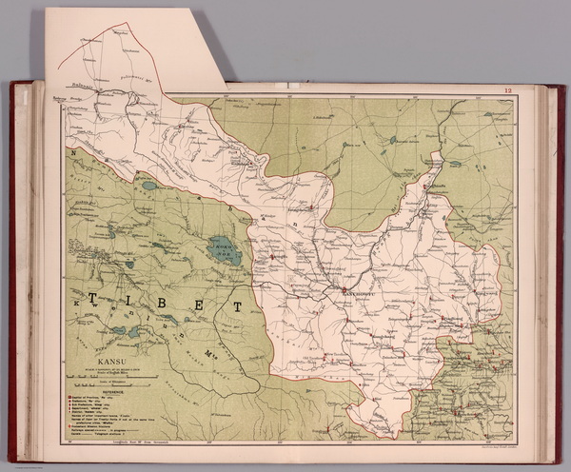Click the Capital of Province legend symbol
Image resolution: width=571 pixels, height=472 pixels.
[69, 394]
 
